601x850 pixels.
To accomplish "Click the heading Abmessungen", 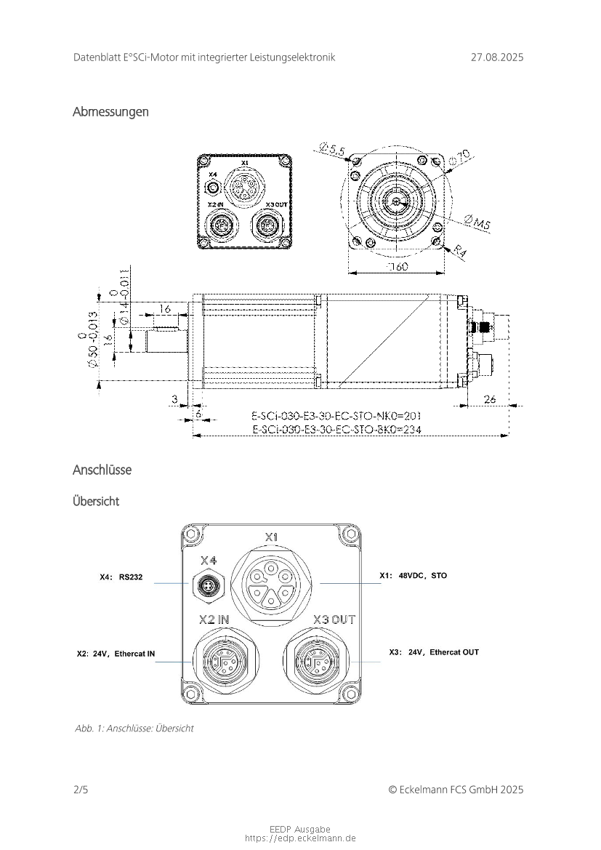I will pos(110,112).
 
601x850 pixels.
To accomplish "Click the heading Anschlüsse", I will pos(102,470).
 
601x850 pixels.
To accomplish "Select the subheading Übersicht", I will pos(96,502).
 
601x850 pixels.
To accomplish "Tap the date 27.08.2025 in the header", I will pos(496,57).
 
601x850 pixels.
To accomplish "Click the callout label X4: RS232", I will pos(121,577).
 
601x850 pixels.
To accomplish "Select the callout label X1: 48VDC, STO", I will pos(413,576).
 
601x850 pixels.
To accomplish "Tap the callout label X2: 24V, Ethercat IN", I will pos(116,654).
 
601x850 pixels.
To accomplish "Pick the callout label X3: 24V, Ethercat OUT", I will pos(433,652).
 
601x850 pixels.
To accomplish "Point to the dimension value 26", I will pos(490,398).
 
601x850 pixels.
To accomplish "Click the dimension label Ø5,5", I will pos(332,151).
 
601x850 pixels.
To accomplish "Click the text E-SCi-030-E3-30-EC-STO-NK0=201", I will pos(336,416).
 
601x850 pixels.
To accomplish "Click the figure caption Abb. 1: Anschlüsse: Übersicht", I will pos(134,728).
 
